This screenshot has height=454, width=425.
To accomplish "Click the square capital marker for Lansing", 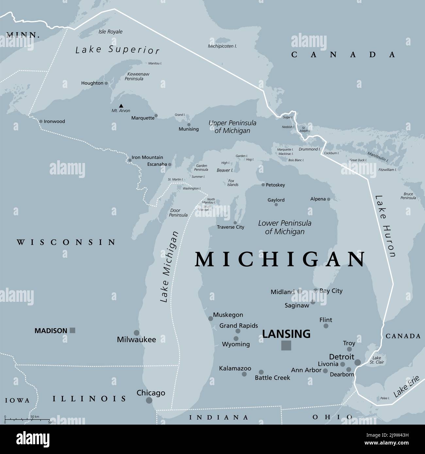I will tap(286, 345).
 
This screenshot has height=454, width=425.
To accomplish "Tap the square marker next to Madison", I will tap(73, 330).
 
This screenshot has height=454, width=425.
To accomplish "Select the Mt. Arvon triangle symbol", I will tap(121, 105).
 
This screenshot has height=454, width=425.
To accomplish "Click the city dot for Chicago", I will tap(149, 400).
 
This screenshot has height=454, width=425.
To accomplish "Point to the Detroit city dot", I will tap(358, 362).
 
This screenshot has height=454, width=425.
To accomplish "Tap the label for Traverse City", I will tap(230, 227).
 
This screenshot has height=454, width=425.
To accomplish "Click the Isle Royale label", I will tap(110, 32).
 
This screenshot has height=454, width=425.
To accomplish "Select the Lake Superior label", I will tap(117, 50).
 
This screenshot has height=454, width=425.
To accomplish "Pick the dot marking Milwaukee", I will tap(137, 332).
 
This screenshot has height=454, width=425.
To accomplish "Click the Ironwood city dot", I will tap(41, 121).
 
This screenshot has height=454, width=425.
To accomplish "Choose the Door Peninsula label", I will tap(178, 213).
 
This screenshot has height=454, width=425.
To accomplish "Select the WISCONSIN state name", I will tap(66, 242).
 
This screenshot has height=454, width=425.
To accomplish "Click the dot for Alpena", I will tap(329, 199).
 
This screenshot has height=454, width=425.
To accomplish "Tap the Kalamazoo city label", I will tap(235, 368).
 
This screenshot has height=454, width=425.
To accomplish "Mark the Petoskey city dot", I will tap(263, 185).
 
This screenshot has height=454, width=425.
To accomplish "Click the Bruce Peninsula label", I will tap(408, 196).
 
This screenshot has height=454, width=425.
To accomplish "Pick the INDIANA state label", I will tap(219, 417).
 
